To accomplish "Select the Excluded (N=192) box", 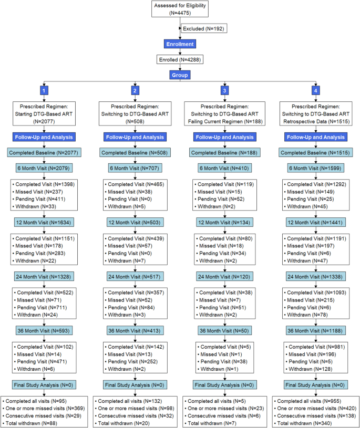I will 203,28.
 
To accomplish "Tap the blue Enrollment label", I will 180,45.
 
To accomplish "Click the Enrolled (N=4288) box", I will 180,60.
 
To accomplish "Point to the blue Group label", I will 180,75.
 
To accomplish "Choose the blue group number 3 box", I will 225,90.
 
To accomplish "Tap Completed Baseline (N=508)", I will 135,153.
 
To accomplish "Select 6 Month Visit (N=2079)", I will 45,169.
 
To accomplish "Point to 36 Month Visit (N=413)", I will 135,331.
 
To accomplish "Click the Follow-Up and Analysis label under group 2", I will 135,137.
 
